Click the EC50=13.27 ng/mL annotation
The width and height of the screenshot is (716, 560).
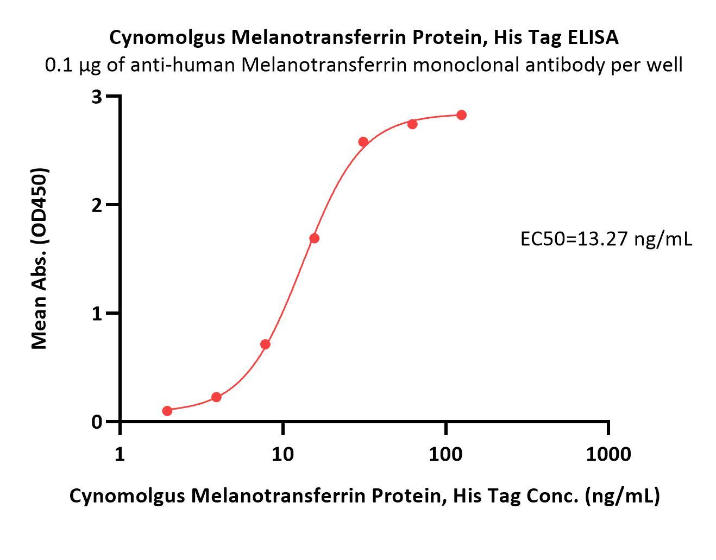click(606, 239)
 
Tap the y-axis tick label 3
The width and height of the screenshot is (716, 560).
click(97, 97)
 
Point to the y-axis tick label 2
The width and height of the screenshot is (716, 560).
click(97, 206)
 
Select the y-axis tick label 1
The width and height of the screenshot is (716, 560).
click(97, 314)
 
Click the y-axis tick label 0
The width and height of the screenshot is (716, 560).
click(97, 422)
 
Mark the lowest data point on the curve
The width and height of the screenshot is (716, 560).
click(167, 411)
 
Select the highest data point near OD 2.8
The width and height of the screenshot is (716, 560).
click(461, 115)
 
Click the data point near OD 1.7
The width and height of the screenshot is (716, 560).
click(314, 238)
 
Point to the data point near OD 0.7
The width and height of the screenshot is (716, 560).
click(265, 345)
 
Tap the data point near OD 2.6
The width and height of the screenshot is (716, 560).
click(363, 142)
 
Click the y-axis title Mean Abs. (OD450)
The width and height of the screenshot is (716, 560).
click(40, 258)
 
